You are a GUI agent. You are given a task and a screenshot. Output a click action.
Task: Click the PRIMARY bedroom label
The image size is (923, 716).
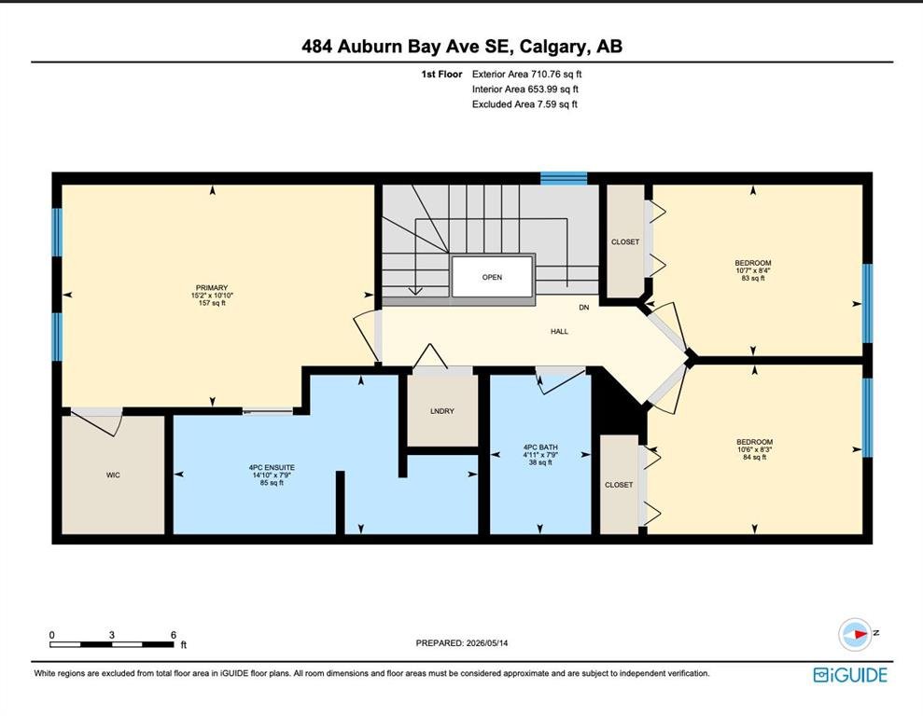coord(212,288)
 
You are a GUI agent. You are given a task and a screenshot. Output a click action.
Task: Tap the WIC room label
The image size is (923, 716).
coord(113,475)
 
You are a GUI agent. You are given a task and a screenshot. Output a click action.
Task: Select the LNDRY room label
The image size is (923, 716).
coord(442,411)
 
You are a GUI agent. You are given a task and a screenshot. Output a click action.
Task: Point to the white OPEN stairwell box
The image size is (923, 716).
coord(493,277)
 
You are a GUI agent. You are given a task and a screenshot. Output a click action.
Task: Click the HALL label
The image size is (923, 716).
coord(559,332)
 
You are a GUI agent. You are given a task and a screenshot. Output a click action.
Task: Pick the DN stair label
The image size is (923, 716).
coord(584,308)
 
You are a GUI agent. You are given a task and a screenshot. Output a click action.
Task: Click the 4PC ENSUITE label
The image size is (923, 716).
coord(272,467)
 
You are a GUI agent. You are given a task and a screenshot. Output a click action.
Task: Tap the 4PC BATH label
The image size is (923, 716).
coord(540,447)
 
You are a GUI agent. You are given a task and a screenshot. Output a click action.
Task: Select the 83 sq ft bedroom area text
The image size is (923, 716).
coord(753,278)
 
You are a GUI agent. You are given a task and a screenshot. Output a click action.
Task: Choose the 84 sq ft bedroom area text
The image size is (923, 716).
coord(755,457)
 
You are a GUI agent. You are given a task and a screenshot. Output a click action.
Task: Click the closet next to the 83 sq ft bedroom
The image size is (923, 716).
coord(625,241)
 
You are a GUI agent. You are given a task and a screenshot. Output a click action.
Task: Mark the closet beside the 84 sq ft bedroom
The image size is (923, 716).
coord(620,485)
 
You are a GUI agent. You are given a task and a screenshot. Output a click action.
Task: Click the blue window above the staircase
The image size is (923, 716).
coord(564,178)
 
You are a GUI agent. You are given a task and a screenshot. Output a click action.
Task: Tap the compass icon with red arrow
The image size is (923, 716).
coord(855,634)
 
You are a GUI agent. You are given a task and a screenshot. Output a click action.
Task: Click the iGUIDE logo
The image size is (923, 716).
coord(850,674)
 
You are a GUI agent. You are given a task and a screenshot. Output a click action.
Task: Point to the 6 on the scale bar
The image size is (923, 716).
coord(174,635)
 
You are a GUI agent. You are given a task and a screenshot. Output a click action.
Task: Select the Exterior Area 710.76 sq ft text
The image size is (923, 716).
coord(527,74)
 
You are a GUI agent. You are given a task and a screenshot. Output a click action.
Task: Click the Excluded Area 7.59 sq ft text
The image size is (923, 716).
coord(524,104)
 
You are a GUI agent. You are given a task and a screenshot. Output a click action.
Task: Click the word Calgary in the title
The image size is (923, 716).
coord(553,47)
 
